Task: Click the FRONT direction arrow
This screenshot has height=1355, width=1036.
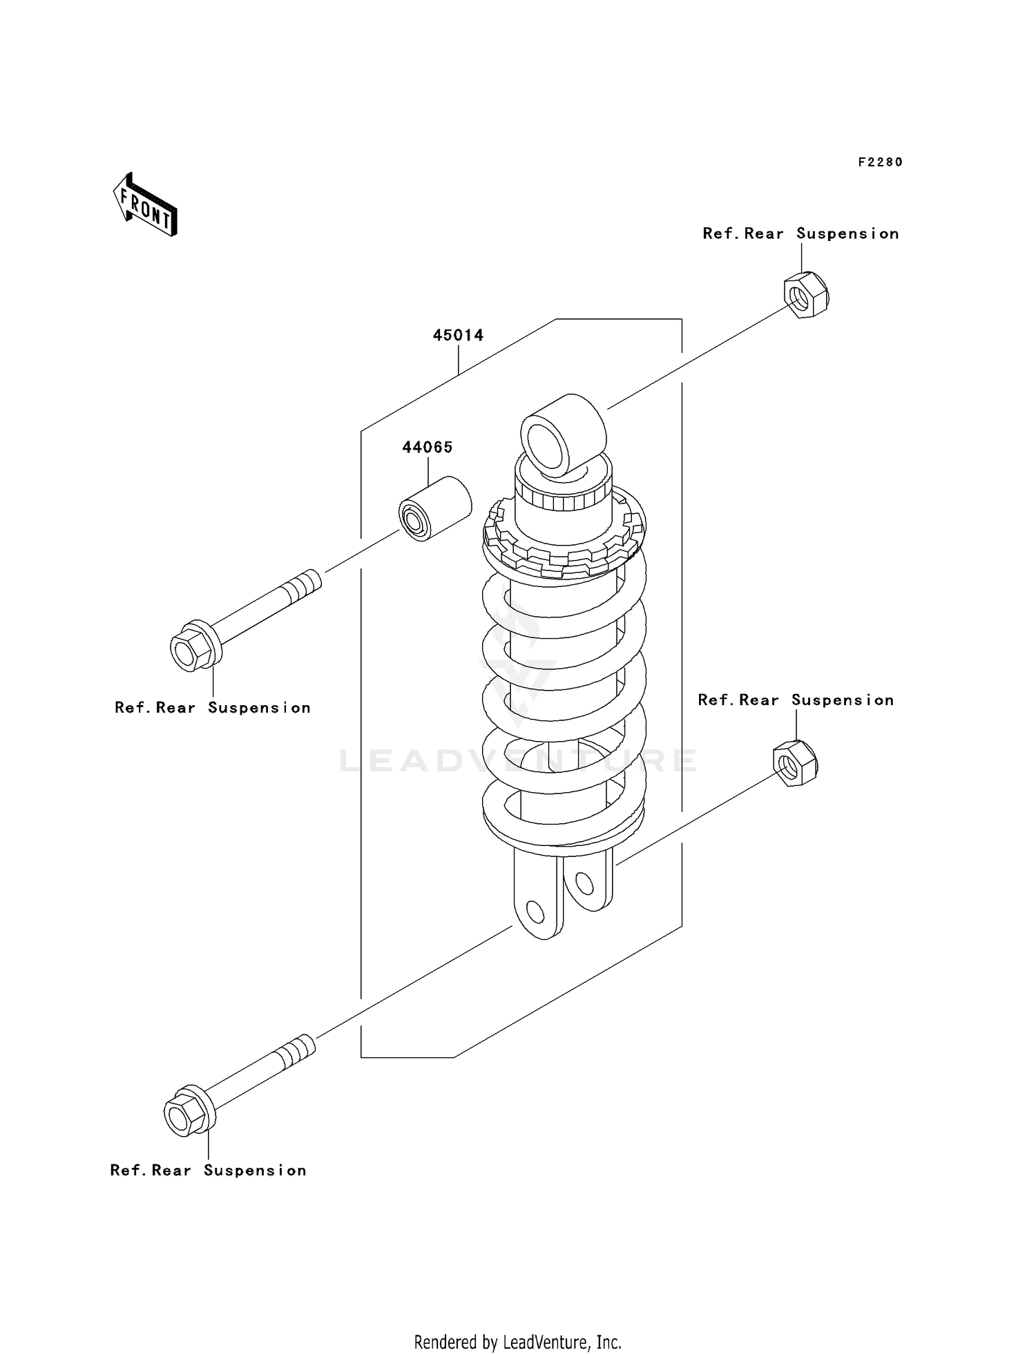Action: (146, 206)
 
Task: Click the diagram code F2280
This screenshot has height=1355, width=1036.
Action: (880, 162)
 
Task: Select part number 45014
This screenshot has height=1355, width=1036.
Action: (458, 336)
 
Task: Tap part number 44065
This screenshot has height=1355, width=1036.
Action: (428, 448)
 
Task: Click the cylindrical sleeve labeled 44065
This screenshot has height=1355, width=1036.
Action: (435, 508)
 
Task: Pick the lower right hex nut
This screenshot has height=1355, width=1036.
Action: (795, 762)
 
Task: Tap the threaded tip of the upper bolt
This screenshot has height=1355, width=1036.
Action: (303, 584)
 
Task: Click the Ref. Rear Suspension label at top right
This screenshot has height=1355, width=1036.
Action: (800, 233)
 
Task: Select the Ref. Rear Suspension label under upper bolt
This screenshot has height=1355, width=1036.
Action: (212, 708)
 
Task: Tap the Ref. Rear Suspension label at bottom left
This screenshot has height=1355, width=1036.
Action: (208, 1171)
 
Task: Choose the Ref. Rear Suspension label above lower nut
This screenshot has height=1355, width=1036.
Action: (796, 700)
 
